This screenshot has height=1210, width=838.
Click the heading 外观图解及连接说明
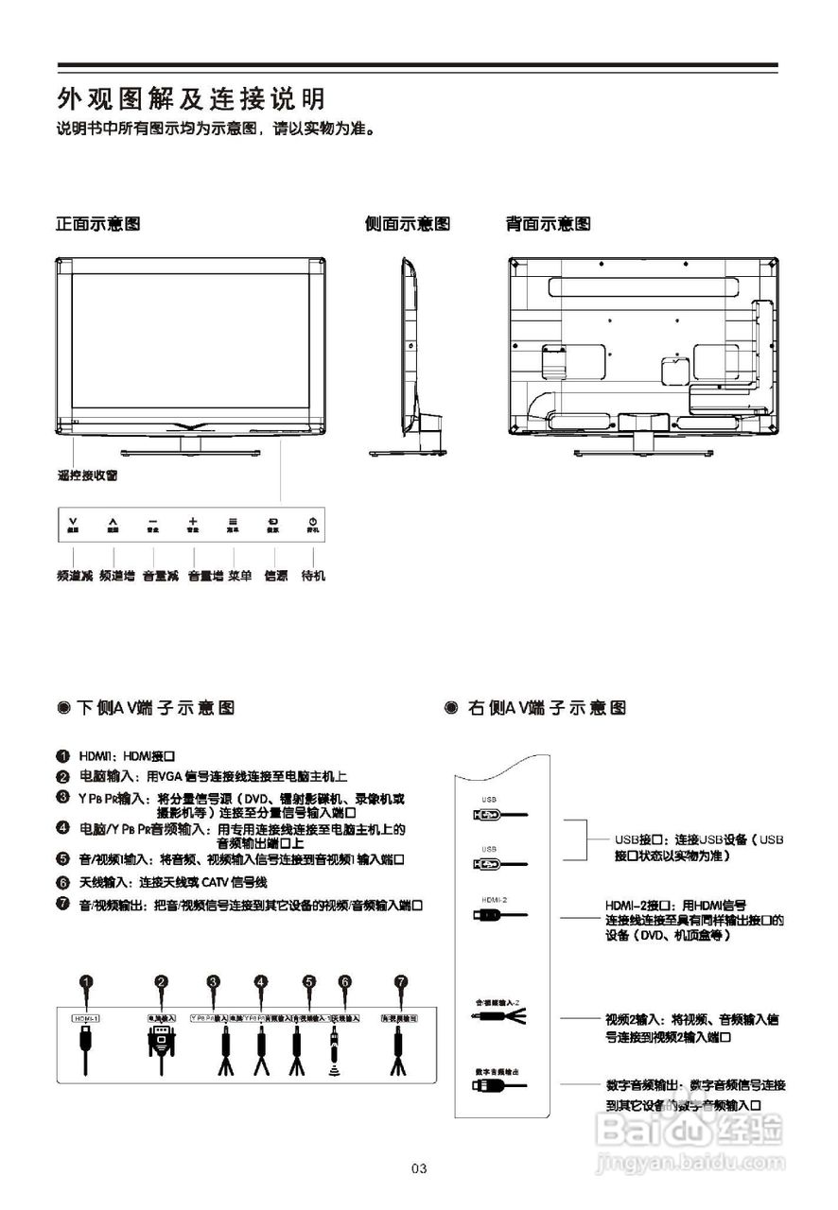pos(191,98)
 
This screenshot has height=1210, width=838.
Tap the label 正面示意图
pos(98,224)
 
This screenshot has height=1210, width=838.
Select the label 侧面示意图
pos(407,224)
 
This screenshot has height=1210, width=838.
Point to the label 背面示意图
pos(549,224)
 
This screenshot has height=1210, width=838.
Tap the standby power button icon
pos(313,521)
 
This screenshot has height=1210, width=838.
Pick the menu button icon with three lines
pos(233,521)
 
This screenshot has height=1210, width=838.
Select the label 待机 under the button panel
pos(313,576)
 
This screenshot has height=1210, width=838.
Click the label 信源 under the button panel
pos(275,576)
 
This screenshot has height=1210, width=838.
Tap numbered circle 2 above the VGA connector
pos(162,982)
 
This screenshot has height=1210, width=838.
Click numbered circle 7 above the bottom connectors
pos(401,982)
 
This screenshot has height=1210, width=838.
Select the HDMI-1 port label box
pos(86,1018)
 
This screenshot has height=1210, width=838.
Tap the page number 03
pos(420,1169)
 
